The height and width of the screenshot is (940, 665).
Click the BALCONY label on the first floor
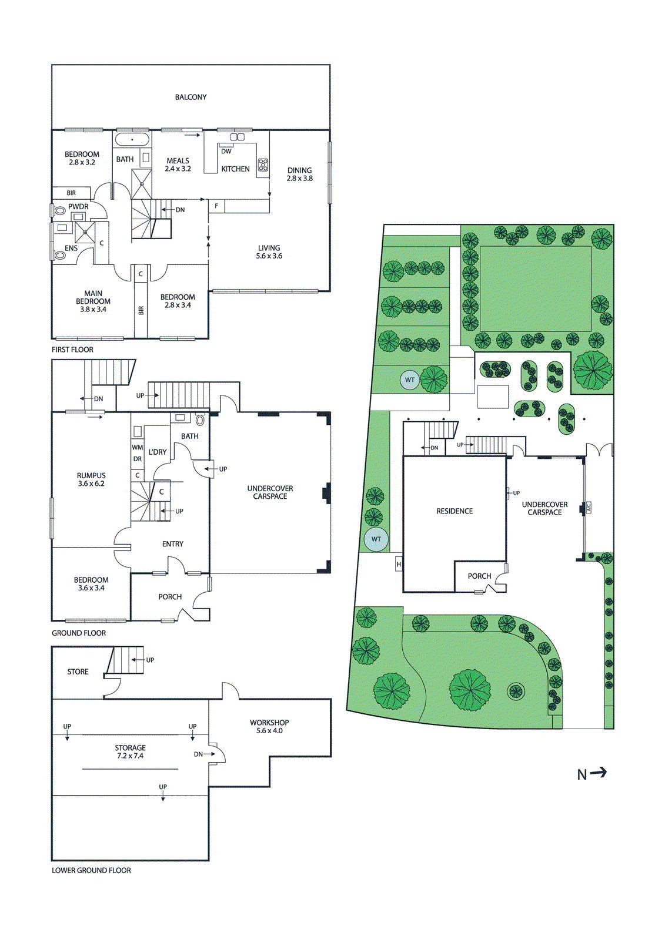pos(191,97)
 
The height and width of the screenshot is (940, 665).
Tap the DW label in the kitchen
pos(226,151)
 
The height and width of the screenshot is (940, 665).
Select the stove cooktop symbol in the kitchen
pos(263,165)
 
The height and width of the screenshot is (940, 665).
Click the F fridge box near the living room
pos(216,206)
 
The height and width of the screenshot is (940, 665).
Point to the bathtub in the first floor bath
pos(132,140)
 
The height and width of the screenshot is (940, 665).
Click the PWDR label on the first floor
pos(78,207)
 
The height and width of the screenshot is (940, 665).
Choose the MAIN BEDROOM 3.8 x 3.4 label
pos(93,301)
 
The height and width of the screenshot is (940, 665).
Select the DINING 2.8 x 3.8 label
pos(299,174)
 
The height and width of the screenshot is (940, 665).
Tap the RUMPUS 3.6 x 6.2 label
pos(91,479)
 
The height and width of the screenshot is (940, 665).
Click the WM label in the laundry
pos(137,448)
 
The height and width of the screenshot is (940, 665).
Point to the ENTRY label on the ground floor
pos(172,544)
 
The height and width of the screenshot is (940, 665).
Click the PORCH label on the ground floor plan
pos(170,597)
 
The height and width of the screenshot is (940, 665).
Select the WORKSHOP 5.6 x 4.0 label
pos(269,727)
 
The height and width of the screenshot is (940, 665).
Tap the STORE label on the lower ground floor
pos(78,672)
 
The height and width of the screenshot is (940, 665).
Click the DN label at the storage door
pos(198,754)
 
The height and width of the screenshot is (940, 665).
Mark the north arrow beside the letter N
pos(599,773)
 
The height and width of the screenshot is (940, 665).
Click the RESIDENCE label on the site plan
pos(455,511)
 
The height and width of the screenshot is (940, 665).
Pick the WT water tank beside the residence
pos(376,539)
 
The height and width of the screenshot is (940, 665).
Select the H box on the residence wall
pos(399,565)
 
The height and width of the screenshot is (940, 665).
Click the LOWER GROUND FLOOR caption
pos(91,870)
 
